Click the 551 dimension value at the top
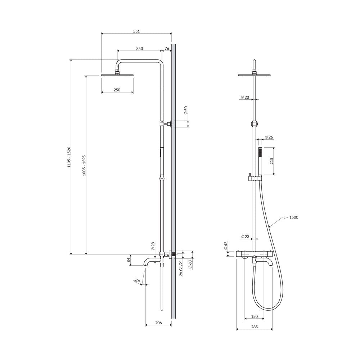[x=136, y=31]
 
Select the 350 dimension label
[x=139, y=49]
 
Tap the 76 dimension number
[x=167, y=49]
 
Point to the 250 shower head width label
[x=117, y=90]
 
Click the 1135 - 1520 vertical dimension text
[x=69, y=157]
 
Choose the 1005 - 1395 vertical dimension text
[x=84, y=166]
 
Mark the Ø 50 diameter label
[x=186, y=110]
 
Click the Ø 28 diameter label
[x=153, y=246]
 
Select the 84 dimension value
[x=129, y=260]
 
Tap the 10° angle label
[x=137, y=280]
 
